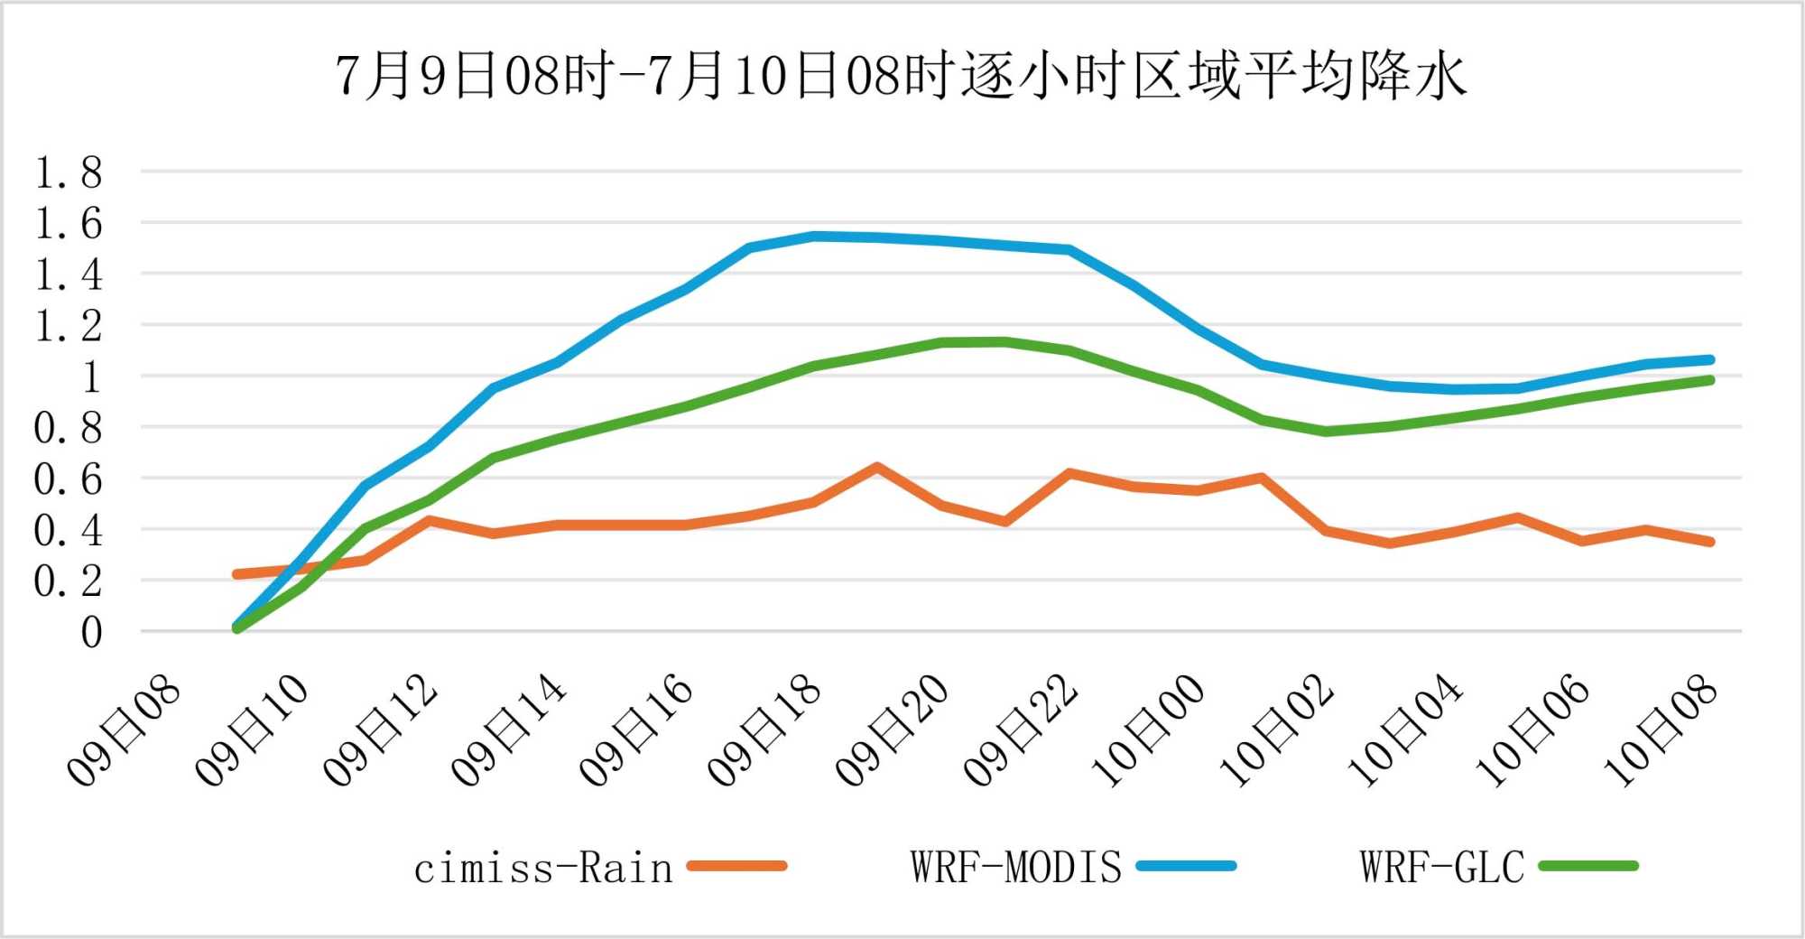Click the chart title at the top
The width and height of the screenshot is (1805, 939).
tap(901, 76)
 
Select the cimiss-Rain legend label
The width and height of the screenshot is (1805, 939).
tap(543, 869)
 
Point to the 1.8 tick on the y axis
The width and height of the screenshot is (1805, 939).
tap(69, 172)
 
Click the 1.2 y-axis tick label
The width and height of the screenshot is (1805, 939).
tap(69, 326)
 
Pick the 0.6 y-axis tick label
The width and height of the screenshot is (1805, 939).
tap(69, 479)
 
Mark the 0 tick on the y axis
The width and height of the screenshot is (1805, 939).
tap(90, 633)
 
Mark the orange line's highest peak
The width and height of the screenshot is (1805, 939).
tap(876, 467)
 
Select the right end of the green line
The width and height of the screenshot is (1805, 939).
tap(1709, 380)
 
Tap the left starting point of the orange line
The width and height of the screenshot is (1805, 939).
tap(236, 574)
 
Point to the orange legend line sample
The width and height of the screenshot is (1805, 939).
tap(736, 866)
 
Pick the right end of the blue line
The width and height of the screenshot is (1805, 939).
tap(1709, 359)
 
